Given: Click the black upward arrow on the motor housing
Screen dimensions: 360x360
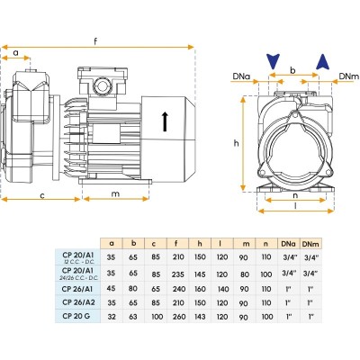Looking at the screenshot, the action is coord(165,121).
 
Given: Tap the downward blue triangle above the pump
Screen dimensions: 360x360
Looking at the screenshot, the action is coord(273,61).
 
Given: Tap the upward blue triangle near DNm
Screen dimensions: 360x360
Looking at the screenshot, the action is coord(323,62).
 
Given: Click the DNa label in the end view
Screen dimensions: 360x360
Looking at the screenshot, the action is coord(241,76).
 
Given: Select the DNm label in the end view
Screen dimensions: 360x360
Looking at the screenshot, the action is coord(348,76).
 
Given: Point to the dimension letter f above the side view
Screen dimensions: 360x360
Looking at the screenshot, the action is coord(95,41).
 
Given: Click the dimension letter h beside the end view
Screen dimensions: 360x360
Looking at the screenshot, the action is coord(237,143).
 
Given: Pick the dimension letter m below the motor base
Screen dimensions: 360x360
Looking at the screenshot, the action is coord(115,194).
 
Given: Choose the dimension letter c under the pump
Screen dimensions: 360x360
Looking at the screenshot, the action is coord(42,196).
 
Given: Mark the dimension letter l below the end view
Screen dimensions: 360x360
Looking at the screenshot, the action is coord(296,206).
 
